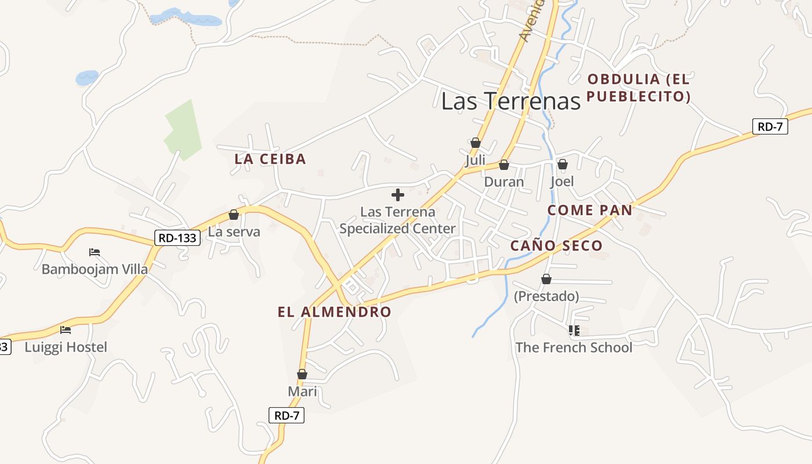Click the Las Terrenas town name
click(510, 101)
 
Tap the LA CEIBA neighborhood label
click(270, 159)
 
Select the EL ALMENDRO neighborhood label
click(334, 312)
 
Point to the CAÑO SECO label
click(556, 246)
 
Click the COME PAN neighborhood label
click(589, 210)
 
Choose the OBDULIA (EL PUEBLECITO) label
click(638, 88)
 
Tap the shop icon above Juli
click(476, 143)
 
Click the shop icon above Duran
click(503, 165)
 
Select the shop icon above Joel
click(562, 164)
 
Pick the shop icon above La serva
click(234, 215)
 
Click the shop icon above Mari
click(302, 374)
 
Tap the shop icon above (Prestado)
click(546, 279)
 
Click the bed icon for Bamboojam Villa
click(95, 252)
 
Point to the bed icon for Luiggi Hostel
click(66, 329)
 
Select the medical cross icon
click(398, 194)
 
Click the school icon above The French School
click(574, 331)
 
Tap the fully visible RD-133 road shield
click(177, 237)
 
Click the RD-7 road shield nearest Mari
click(287, 415)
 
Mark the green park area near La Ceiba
click(182, 131)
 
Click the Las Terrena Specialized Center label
click(398, 220)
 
